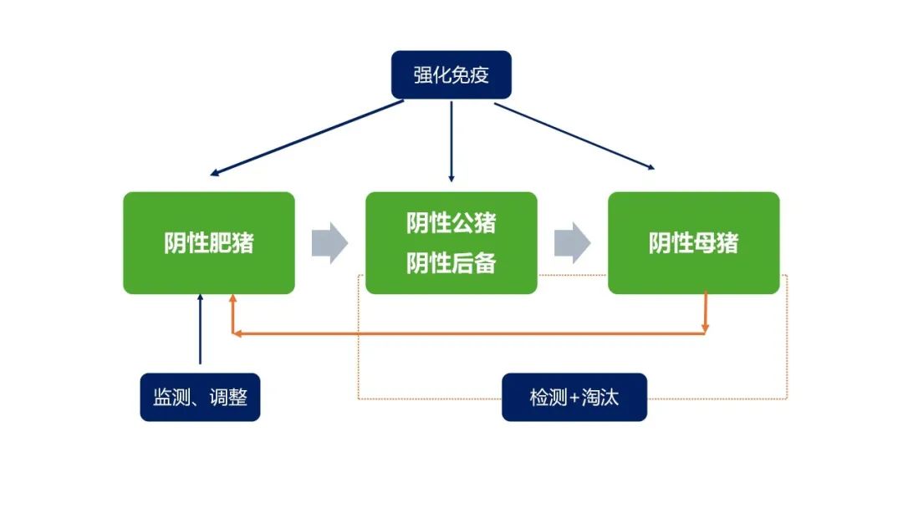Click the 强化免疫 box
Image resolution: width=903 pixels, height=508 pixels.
pos(451,75)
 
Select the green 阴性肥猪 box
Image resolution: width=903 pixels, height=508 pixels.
pos(209,243)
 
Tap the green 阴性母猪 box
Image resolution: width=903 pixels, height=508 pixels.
pos(693,243)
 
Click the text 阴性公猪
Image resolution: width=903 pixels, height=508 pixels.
pos(451,222)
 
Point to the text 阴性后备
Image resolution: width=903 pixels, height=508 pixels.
pos(451,263)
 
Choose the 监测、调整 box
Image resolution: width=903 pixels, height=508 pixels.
pos(200,397)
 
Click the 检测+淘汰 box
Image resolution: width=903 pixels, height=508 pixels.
pos(574,397)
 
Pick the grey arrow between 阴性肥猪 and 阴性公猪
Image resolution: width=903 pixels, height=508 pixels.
pos(330,243)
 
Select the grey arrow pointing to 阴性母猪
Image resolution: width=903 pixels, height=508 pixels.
pos(573,243)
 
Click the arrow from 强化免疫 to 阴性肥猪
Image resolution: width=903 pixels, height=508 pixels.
pos(306,138)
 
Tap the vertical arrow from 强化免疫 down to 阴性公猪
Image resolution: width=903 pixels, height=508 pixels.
pos(451,141)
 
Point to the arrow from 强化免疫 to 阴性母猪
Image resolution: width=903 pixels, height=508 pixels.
pos(574,136)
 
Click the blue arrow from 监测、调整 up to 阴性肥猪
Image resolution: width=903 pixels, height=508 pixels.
pos(201,329)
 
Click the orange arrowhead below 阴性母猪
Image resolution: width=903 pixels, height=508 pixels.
pos(705,328)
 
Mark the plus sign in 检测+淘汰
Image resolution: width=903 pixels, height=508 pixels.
pos(574,398)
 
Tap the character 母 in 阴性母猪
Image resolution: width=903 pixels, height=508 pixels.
pos(704,243)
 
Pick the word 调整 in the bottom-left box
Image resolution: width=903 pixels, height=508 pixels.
pos(228,397)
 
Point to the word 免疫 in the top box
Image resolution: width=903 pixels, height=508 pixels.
pos(470,75)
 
